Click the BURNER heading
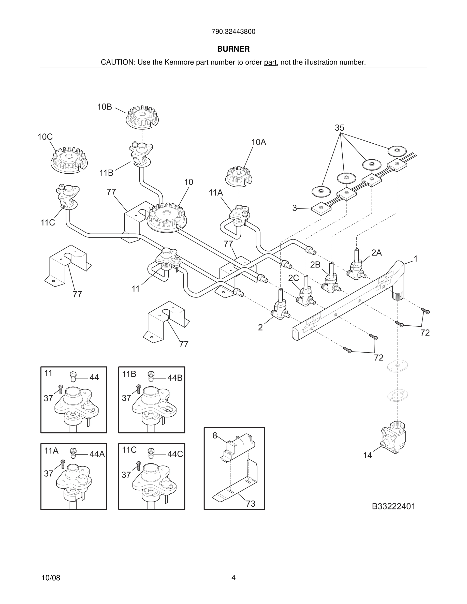(233, 49)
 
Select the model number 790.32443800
(233, 32)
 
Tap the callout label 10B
(105, 107)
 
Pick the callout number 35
(340, 128)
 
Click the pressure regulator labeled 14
(393, 438)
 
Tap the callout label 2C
(294, 278)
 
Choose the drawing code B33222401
(393, 506)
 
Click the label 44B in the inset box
(175, 378)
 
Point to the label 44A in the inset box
(97, 454)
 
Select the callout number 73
(251, 503)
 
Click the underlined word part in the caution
(270, 63)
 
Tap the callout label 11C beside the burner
(48, 223)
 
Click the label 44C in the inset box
(175, 454)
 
